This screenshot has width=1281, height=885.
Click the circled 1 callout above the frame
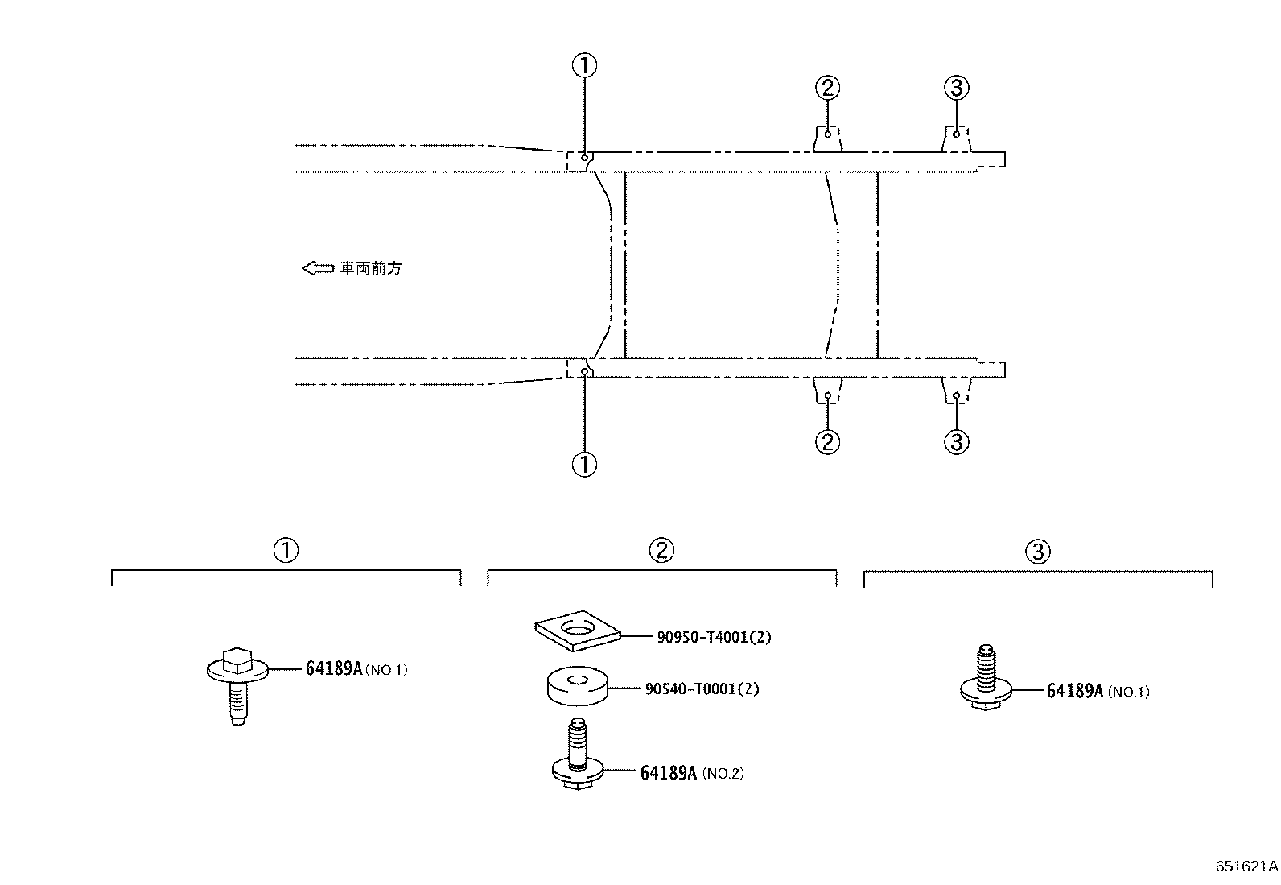click(584, 65)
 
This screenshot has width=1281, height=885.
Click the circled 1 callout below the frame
click(584, 465)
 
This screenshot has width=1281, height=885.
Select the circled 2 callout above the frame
click(827, 88)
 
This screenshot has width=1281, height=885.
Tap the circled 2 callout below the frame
click(827, 441)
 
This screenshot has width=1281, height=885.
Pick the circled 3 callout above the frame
click(956, 88)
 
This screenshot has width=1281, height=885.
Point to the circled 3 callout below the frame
click(956, 441)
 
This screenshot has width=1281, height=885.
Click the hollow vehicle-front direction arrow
click(318, 268)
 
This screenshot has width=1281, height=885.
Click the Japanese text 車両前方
click(371, 268)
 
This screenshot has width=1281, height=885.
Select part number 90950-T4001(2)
click(714, 637)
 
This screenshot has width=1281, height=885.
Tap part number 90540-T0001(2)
click(702, 689)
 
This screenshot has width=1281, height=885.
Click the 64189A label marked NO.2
click(692, 773)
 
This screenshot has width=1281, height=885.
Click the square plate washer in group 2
click(578, 631)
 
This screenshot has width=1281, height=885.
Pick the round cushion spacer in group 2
click(578, 686)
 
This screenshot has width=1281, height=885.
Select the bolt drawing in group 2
click(578, 754)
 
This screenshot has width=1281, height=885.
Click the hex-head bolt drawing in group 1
click(237, 686)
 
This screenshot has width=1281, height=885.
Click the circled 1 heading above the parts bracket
click(286, 550)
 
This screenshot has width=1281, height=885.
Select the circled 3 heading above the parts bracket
click(1038, 552)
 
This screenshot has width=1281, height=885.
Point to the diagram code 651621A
click(1246, 866)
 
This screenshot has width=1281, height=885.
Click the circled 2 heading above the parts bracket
click(661, 550)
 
